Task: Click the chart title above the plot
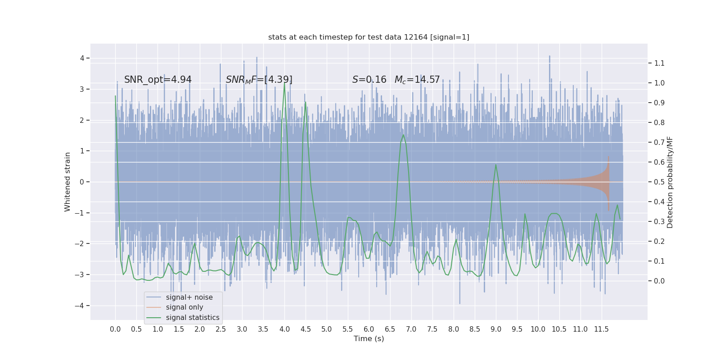pos(369,37)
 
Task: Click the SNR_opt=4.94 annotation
pos(157,80)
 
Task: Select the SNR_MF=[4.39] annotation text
pos(259,80)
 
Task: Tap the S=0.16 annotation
pos(369,80)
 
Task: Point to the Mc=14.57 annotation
pos(417,80)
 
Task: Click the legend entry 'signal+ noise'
pos(189,297)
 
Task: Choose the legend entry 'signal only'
pos(184,307)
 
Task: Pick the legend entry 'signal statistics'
pos(193,318)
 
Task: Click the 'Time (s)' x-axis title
pos(369,338)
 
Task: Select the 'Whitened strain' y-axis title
pos(67,182)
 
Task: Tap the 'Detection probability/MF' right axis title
pos(670,182)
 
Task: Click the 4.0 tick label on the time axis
pos(284,329)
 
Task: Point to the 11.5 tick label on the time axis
pos(601,329)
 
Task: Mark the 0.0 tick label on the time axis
pos(115,329)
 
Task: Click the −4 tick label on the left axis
pos(81,306)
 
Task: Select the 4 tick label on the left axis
pos(82,58)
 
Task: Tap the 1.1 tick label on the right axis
pos(659,63)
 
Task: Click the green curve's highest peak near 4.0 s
pos(284,84)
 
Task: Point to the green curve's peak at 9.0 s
pos(496,165)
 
